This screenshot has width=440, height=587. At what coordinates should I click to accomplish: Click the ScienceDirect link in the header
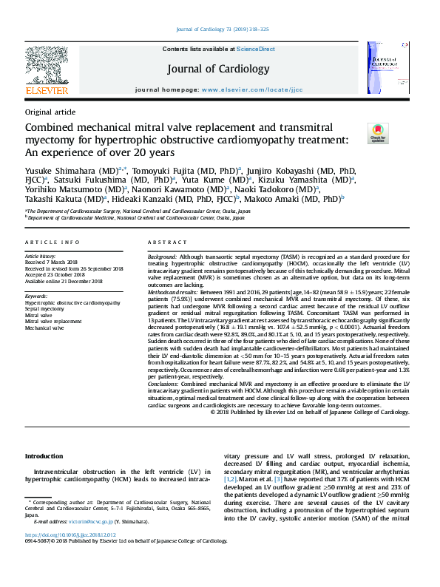tap(255, 49)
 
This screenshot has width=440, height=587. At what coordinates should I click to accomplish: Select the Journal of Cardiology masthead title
tap(219, 69)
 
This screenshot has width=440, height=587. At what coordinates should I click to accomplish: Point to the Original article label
tap(50, 112)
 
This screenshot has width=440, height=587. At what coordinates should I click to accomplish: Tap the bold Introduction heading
tap(44, 456)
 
